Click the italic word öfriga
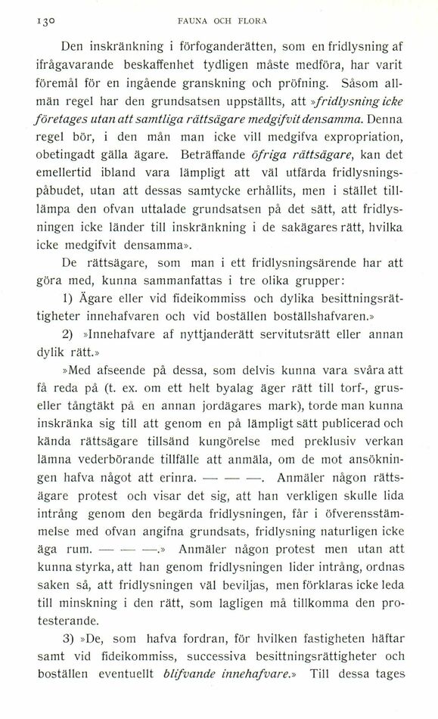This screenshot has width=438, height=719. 253,157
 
